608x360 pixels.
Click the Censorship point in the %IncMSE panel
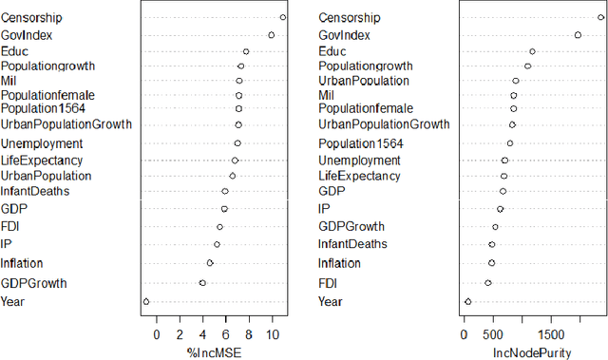(x=283, y=17)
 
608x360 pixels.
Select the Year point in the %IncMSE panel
(x=146, y=301)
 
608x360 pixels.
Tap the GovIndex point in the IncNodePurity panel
(x=578, y=35)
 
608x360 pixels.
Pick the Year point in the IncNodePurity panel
(x=467, y=301)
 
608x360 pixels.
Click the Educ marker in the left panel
(x=246, y=51)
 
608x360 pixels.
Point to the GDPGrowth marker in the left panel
(x=202, y=283)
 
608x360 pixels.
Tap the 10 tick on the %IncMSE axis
(x=272, y=333)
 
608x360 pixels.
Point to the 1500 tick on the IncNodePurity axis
(x=551, y=333)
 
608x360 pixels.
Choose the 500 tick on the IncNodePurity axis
(x=493, y=333)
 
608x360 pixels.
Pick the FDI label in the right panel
(x=329, y=282)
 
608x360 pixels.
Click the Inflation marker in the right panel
(x=491, y=263)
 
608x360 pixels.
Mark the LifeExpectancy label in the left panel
(x=41, y=161)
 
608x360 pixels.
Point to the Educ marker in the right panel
(x=532, y=51)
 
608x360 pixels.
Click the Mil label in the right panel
(x=326, y=95)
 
